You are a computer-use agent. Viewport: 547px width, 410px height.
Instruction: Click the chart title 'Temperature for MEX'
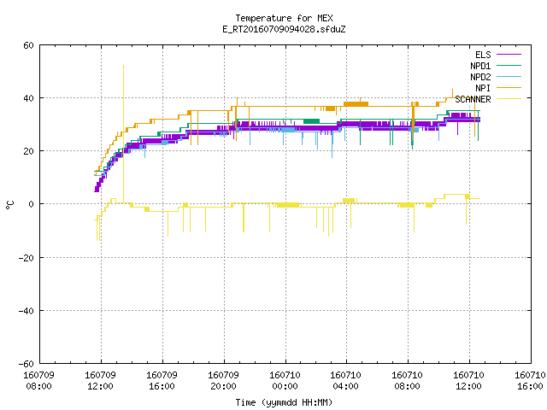[284, 18]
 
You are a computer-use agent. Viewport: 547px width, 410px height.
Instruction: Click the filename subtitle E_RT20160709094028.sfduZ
[284, 29]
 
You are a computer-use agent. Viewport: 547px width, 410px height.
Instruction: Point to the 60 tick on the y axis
[28, 45]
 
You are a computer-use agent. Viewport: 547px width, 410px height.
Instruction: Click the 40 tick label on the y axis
[28, 98]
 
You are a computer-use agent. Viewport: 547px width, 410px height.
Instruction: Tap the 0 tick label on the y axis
[32, 204]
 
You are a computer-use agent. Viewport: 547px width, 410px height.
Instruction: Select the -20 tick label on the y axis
[26, 258]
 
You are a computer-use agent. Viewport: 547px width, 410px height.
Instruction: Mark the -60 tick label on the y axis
[26, 364]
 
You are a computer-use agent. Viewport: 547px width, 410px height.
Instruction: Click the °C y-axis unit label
[10, 205]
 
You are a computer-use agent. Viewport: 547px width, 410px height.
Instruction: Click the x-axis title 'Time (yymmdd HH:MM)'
[284, 402]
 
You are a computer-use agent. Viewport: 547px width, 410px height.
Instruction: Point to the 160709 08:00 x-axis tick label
[38, 381]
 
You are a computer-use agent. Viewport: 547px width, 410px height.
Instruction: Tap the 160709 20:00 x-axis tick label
[223, 381]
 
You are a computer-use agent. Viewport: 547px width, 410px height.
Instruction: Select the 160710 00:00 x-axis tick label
[285, 381]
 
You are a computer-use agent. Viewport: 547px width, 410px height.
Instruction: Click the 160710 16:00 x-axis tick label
[530, 381]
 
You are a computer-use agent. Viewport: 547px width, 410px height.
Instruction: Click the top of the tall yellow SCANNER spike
[123, 65]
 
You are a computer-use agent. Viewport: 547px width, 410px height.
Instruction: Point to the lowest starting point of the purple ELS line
[97, 191]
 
